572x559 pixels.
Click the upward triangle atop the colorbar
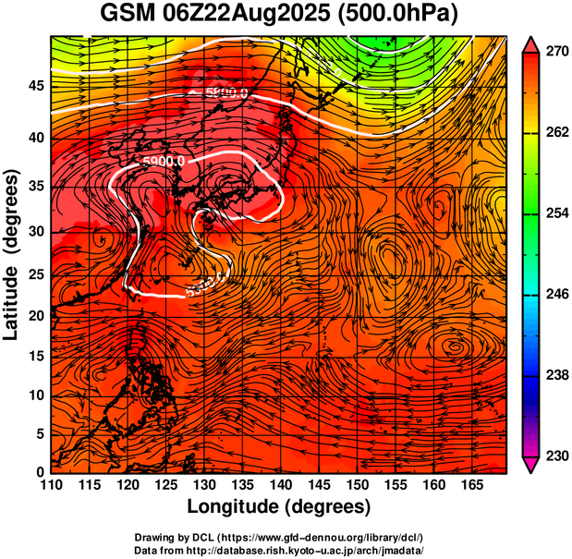(531, 43)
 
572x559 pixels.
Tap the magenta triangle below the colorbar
(531, 464)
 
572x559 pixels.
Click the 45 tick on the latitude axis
(35, 87)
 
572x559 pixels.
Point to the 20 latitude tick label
(35, 316)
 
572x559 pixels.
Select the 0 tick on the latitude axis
(40, 471)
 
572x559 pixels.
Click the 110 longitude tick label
(51, 485)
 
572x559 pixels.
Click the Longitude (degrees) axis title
(279, 506)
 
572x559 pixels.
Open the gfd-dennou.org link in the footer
(314, 538)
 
